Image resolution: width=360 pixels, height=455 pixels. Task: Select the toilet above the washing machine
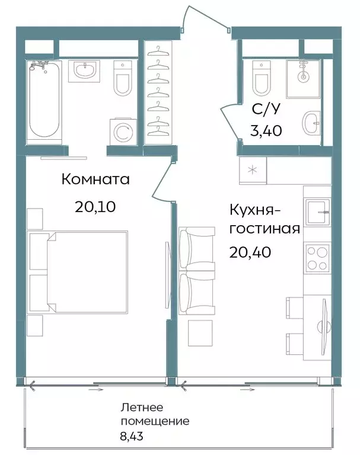click(x=123, y=80)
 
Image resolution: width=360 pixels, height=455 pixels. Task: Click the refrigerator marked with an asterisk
click(x=254, y=171)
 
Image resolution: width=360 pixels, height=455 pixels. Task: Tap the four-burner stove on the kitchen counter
click(x=318, y=257)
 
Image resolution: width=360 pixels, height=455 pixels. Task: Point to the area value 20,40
click(x=251, y=252)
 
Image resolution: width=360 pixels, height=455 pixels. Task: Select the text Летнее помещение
click(x=155, y=415)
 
